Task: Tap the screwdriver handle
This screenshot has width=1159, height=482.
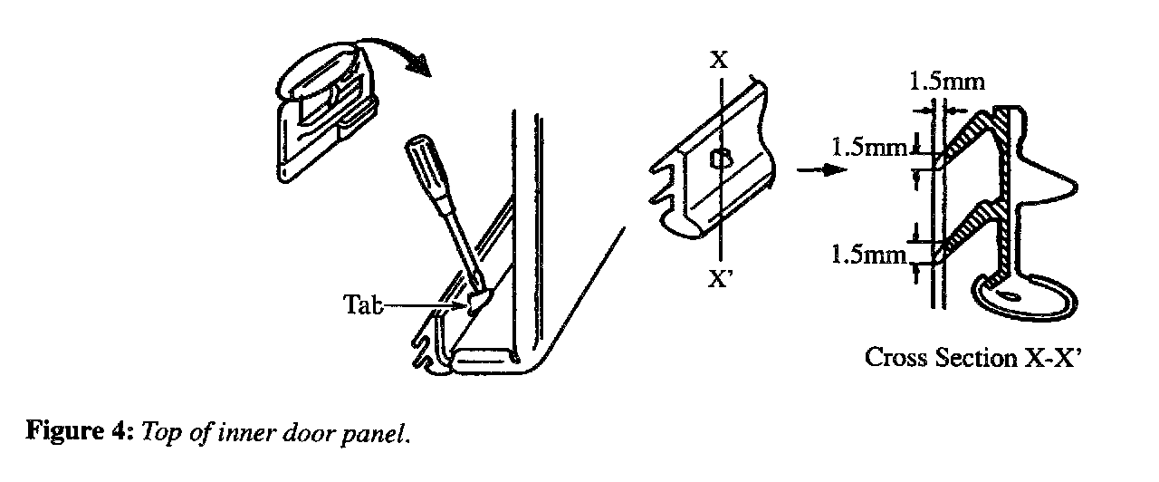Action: click(x=425, y=169)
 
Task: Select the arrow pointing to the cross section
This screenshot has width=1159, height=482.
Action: click(x=814, y=171)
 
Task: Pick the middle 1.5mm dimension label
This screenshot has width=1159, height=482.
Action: click(x=868, y=146)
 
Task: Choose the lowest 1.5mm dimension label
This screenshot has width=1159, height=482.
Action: click(x=868, y=255)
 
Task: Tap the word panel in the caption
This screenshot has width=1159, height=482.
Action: click(x=376, y=434)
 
